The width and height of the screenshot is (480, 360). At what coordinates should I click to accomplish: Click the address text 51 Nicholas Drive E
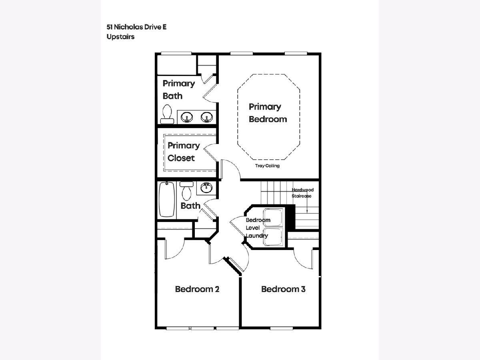[136, 27]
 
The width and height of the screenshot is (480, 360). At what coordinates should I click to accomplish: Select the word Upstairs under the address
[120, 37]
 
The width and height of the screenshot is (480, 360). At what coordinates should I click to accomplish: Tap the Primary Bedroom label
[268, 113]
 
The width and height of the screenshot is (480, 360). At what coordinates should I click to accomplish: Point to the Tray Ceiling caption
[267, 166]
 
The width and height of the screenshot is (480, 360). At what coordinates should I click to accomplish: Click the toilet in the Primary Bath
[167, 114]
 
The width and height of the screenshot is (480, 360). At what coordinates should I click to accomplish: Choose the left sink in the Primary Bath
[186, 117]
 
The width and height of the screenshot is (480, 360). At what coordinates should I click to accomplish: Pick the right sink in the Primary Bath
[207, 117]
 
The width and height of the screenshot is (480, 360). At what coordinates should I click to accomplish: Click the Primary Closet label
[184, 152]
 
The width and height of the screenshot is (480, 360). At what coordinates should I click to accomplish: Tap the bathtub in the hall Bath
[167, 199]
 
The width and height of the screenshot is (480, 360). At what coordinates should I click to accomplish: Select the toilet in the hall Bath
[186, 191]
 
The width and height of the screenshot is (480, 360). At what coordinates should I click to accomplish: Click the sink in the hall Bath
[206, 188]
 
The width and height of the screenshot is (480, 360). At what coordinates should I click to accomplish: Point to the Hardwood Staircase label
[302, 193]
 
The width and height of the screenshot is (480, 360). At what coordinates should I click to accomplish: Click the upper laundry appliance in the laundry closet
[273, 218]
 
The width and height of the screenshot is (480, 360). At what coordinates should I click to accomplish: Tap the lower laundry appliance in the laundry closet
[273, 237]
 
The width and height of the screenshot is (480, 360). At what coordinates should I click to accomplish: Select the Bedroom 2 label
[197, 289]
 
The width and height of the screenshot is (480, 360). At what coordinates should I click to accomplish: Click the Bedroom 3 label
[283, 289]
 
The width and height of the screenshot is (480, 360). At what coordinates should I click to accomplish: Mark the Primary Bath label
[179, 90]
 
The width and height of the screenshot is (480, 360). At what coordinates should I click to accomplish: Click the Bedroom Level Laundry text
[258, 228]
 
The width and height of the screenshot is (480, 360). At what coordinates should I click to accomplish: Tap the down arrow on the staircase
[307, 203]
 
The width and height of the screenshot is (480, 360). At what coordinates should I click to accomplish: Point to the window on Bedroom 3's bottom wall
[282, 328]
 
